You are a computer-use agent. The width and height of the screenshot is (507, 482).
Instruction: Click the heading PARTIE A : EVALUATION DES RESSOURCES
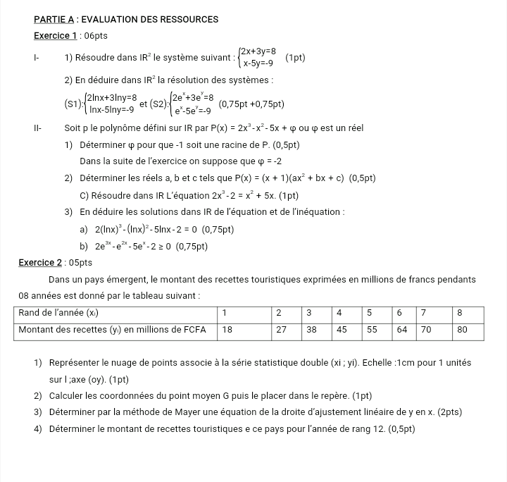point(126,20)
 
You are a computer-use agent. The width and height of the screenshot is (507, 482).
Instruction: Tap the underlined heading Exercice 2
point(40,263)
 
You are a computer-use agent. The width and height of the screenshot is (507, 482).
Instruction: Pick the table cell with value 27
point(280,328)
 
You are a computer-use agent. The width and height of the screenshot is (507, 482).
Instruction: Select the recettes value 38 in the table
point(312,328)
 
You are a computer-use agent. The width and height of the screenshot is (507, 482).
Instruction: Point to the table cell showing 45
point(342,328)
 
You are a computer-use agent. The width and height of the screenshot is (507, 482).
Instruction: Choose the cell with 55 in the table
point(373,328)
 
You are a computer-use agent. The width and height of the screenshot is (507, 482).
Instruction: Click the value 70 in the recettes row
point(427,328)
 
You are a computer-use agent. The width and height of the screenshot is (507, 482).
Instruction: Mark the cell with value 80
point(463,328)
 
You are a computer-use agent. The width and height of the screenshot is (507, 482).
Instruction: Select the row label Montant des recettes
point(109,328)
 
